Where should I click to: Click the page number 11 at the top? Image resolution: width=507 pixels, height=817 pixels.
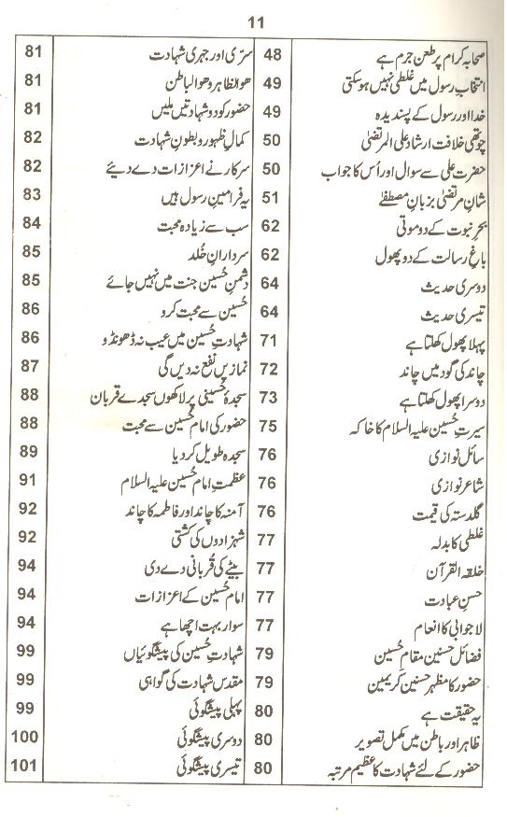click(x=253, y=14)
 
